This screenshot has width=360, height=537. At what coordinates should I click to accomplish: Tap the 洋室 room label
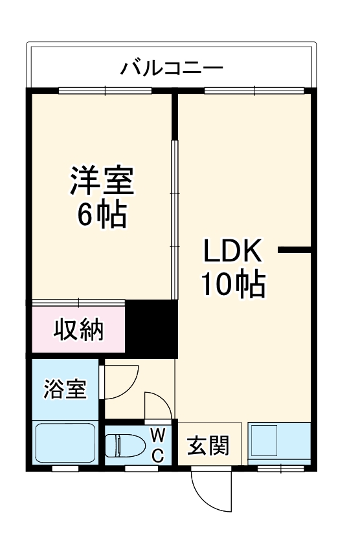(102, 181)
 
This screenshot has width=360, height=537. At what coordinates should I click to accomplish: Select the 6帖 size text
(102, 215)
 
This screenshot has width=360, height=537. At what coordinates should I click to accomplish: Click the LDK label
(232, 250)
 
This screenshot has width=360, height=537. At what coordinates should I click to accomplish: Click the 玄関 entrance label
(208, 445)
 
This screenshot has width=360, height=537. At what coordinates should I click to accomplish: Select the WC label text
(157, 444)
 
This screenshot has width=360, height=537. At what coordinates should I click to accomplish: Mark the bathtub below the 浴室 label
(64, 443)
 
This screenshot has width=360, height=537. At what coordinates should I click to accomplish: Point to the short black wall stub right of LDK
(295, 249)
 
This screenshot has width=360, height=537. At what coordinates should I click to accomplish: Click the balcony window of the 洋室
(91, 91)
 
